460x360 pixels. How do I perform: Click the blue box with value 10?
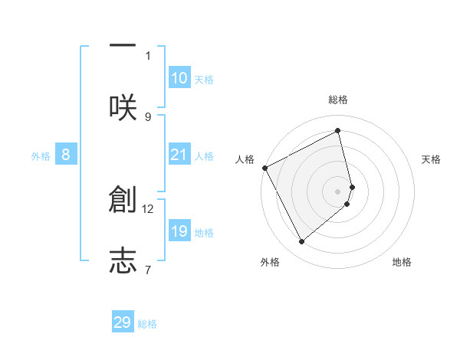179,78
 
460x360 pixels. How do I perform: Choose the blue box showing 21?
179,155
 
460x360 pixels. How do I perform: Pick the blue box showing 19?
179,231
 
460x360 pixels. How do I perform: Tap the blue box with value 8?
66,155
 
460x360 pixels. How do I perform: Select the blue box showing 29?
123,322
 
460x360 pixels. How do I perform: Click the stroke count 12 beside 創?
148,208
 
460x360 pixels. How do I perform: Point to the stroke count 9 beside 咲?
148,116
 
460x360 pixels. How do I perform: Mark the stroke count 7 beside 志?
148,269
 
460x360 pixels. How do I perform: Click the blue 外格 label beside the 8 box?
41,156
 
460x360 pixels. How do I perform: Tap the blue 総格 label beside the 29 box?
147,324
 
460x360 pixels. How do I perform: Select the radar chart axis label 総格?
338,100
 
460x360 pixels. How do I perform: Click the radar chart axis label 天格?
432,159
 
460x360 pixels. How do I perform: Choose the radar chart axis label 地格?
402,262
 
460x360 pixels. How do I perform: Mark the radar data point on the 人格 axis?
264,168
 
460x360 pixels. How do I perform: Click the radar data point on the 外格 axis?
301,242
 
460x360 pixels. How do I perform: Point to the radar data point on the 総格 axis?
338,130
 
